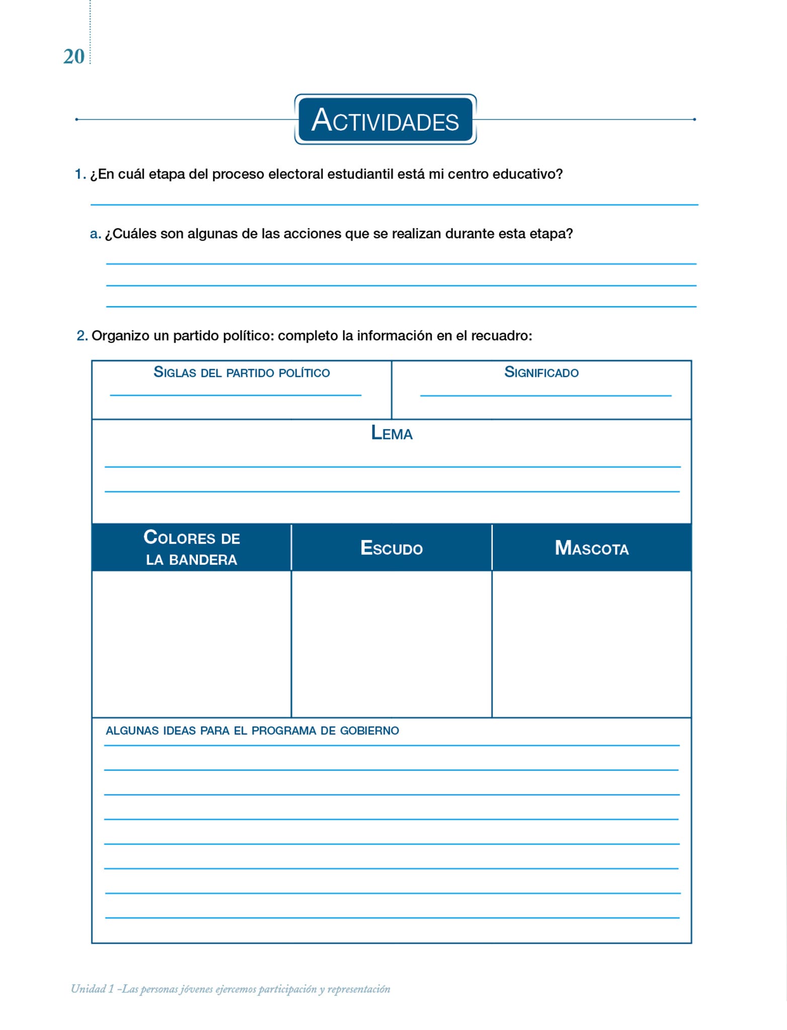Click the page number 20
click(x=73, y=57)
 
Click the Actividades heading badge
click(x=385, y=120)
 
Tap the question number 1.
click(x=80, y=175)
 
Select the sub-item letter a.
click(x=95, y=234)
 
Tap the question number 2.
click(x=82, y=335)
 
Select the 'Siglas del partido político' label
click(x=242, y=373)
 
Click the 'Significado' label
click(x=541, y=373)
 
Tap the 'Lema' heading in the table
click(x=391, y=433)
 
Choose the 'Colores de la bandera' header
click(x=192, y=548)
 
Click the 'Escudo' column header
click(x=391, y=548)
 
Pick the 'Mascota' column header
click(x=591, y=548)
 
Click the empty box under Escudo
click(x=391, y=644)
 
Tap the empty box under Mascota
click(x=591, y=644)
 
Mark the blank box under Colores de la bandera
click(x=192, y=644)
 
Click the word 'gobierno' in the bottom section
click(x=369, y=731)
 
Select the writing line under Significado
click(x=546, y=395)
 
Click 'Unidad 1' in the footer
click(x=93, y=989)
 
